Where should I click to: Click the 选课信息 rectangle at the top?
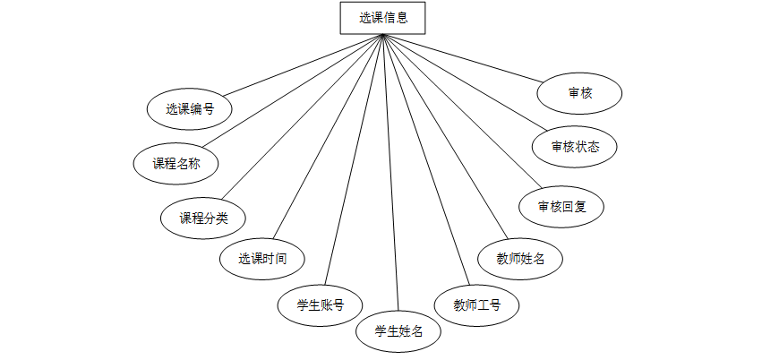[x=382, y=18]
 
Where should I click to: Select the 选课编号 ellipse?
[x=190, y=109]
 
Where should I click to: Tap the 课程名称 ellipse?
[x=175, y=163]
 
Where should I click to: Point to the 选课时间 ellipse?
[x=262, y=260]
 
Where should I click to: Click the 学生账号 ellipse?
[x=321, y=304]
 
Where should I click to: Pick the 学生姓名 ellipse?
[x=398, y=331]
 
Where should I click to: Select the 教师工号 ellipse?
[x=476, y=305]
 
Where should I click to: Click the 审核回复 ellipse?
[x=561, y=207]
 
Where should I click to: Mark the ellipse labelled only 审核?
[x=579, y=92]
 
